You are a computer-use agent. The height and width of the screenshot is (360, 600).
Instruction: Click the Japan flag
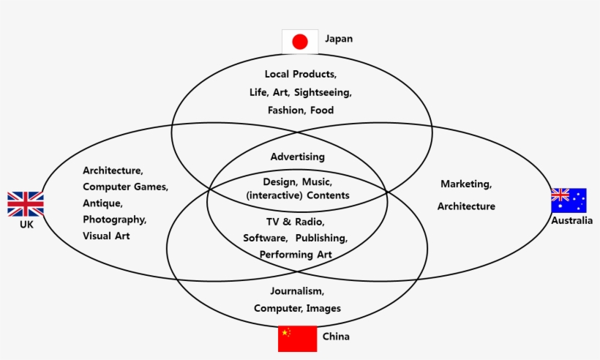click(x=300, y=42)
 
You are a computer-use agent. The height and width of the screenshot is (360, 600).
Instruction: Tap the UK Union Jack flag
click(x=26, y=204)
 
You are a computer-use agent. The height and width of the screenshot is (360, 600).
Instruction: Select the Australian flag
click(x=569, y=200)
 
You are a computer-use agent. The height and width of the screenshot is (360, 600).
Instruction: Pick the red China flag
click(x=297, y=339)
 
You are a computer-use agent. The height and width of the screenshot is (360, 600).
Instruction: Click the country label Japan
click(x=339, y=39)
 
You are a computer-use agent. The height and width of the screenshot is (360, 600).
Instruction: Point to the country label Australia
click(x=572, y=221)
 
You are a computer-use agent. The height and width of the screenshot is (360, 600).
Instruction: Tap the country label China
click(x=336, y=337)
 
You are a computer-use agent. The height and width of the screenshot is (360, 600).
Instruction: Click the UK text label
click(x=27, y=225)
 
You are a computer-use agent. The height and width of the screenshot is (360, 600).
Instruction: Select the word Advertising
click(x=297, y=157)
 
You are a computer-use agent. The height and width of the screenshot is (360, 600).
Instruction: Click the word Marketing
click(x=466, y=184)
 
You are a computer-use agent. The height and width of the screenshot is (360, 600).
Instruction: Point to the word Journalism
click(x=297, y=291)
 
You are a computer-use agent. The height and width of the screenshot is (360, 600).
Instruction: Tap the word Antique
click(x=102, y=203)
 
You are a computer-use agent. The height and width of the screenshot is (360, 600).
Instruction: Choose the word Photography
click(x=115, y=220)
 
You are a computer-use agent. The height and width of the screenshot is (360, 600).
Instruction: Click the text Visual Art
click(x=107, y=236)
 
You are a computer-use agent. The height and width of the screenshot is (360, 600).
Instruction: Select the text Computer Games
click(x=125, y=187)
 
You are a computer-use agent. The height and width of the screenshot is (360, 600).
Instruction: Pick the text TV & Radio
click(x=295, y=222)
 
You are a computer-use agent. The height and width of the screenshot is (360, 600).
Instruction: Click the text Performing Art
click(x=296, y=255)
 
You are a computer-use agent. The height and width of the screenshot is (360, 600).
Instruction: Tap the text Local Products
click(x=300, y=75)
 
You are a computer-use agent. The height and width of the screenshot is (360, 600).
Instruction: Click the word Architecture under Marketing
click(x=466, y=206)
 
